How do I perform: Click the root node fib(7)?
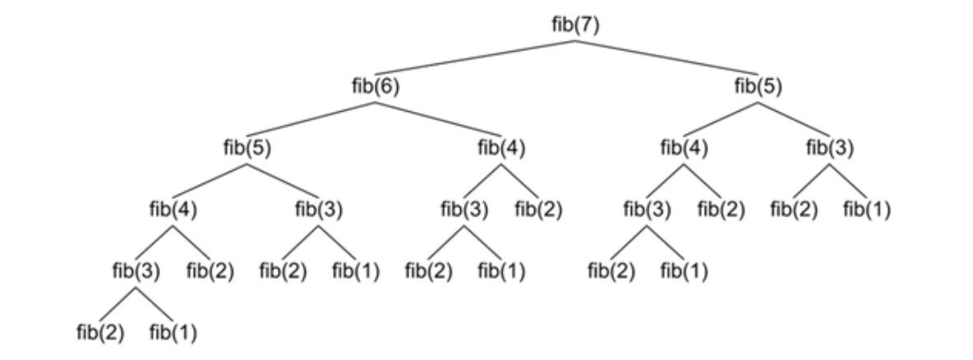point(576,25)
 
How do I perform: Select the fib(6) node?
point(376,86)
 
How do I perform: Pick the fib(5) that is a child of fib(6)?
point(247,148)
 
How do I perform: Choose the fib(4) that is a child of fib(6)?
point(500,148)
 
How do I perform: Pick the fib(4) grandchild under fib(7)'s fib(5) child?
point(685,148)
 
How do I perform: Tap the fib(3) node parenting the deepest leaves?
point(136,270)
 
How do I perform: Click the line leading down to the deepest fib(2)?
point(118,302)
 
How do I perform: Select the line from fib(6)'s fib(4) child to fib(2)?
point(520,180)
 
